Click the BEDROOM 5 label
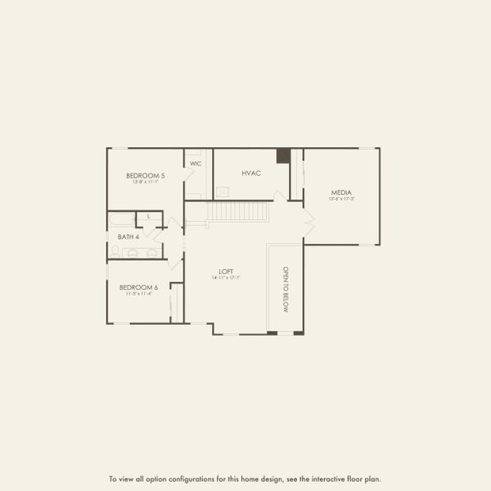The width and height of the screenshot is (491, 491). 146,176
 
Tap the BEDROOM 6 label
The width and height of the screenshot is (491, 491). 138,287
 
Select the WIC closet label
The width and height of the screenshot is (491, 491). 196,164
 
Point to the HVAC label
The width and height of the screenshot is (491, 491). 250,173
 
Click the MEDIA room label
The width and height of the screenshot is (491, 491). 341,192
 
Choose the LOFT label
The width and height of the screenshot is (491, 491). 226,272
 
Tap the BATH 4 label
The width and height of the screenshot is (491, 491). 129,236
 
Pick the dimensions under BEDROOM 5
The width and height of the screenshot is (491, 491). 145,182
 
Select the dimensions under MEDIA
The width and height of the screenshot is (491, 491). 341,199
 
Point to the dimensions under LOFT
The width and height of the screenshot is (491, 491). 226,278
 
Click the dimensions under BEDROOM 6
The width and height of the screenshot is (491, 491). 138,293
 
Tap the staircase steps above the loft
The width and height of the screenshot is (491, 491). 237,211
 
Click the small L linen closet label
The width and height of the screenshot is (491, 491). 149,217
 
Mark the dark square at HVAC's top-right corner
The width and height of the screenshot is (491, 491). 283,155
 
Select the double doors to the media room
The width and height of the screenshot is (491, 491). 309,218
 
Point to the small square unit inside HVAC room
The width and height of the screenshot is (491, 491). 222,191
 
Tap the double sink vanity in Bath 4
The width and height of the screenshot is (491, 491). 140,253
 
